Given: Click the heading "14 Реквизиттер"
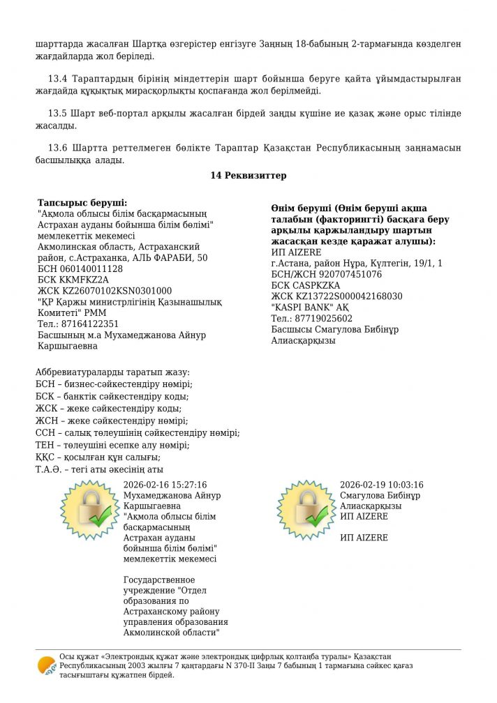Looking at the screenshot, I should pos(248,176).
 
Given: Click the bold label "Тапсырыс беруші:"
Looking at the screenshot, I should pos(77,202).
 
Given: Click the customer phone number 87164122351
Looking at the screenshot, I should pos(87,324).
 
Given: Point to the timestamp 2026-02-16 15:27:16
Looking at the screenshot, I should pos(165,485).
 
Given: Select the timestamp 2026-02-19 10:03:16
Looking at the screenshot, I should pos(381,485).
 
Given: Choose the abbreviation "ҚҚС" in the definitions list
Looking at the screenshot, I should pos(45,458).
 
